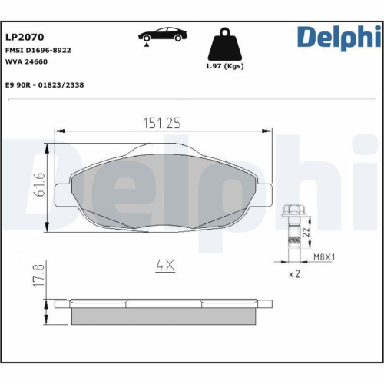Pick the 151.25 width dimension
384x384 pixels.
162,122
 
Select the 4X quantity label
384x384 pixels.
165,265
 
